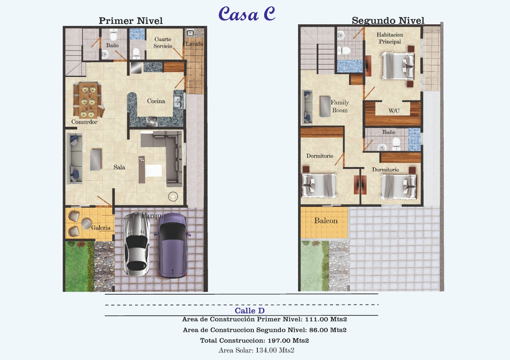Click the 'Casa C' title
click(x=247, y=14)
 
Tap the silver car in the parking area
click(x=136, y=244)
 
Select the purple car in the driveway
click(x=173, y=246)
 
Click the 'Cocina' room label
click(x=156, y=101)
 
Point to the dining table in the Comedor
click(x=88, y=100)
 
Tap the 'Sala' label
click(x=119, y=167)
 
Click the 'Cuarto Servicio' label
click(x=163, y=43)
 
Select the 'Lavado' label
click(x=194, y=44)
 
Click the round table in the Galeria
click(x=86, y=224)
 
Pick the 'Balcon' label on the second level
click(x=326, y=220)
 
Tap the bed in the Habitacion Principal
click(x=398, y=66)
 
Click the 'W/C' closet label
click(x=394, y=111)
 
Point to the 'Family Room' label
click(x=340, y=106)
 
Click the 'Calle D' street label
click(x=249, y=311)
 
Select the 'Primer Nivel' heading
click(x=131, y=21)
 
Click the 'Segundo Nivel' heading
click(x=388, y=20)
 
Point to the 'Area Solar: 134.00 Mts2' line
click(x=256, y=350)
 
